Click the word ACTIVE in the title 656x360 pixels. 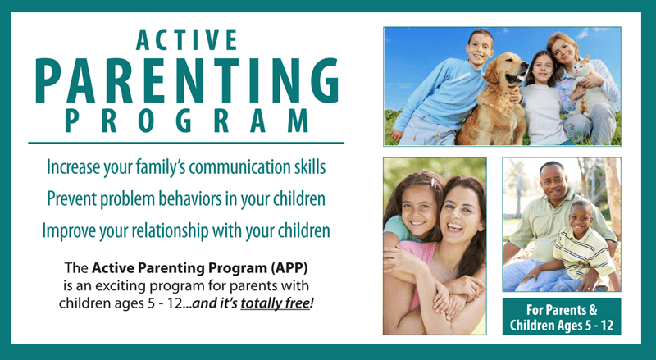tap(187, 39)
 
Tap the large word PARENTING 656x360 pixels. tap(187, 81)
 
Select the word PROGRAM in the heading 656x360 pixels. tap(187, 121)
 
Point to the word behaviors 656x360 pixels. tap(190, 198)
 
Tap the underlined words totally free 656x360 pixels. tap(275, 303)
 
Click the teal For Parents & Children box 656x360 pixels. tap(562, 317)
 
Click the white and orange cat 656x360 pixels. tap(588, 86)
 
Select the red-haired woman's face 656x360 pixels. tap(563, 51)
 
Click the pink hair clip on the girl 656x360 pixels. tap(434, 183)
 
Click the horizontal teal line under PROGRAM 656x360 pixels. tap(186, 144)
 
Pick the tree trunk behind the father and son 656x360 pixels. tap(613, 198)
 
